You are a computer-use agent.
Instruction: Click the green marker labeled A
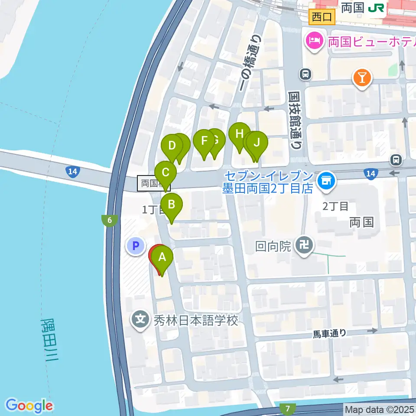click(162, 258)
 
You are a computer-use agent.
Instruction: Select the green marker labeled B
click(172, 204)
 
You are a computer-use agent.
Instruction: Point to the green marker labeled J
click(257, 143)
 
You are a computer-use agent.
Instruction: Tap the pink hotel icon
click(313, 41)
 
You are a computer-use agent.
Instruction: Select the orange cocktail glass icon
click(362, 78)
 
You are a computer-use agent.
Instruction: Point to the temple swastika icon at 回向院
click(303, 246)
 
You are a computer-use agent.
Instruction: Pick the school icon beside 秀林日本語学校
click(141, 321)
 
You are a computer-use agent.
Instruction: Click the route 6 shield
click(110, 221)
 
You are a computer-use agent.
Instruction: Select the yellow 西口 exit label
click(322, 17)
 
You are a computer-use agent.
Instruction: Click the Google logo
click(29, 406)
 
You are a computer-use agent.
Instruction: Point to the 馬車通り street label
click(330, 333)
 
